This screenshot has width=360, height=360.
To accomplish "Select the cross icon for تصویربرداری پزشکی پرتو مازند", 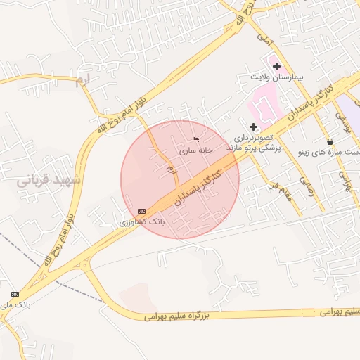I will pyautogui.click(x=254, y=127).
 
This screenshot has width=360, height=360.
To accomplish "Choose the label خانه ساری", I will pyautogui.click(x=195, y=151).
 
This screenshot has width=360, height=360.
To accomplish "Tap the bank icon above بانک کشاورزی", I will pyautogui.click(x=142, y=211).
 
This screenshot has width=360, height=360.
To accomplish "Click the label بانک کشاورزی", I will pyautogui.click(x=143, y=221).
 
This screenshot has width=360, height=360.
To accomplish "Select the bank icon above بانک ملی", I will pyautogui.click(x=15, y=294).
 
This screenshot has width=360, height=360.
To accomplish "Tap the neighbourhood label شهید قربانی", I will pyautogui.click(x=49, y=181).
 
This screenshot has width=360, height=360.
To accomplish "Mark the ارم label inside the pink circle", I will pyautogui.click(x=169, y=171).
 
